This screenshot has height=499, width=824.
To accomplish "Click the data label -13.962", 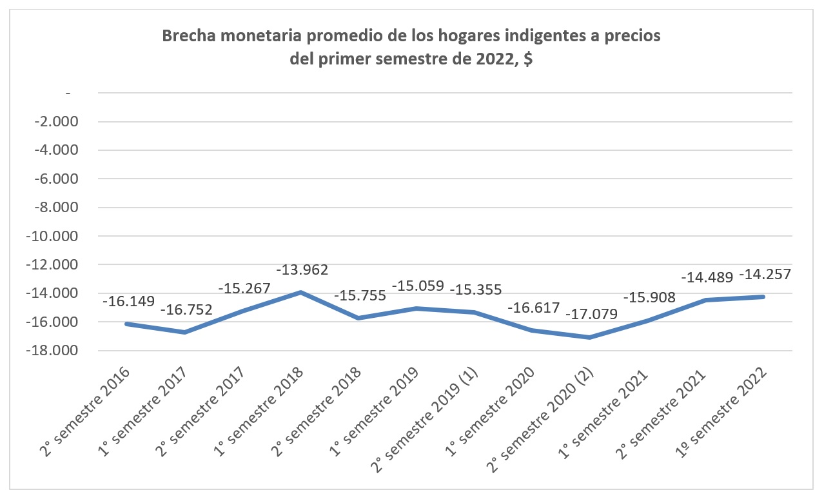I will (x=303, y=269).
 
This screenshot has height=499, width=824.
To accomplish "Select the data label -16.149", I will (x=129, y=301).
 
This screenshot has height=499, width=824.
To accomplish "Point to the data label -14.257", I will (x=765, y=274).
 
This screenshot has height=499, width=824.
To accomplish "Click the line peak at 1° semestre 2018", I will (x=300, y=292).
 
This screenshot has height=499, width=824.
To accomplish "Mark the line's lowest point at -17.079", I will (x=590, y=337).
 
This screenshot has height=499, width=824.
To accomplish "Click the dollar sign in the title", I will (x=527, y=60).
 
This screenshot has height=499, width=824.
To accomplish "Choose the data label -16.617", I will (x=534, y=308).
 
